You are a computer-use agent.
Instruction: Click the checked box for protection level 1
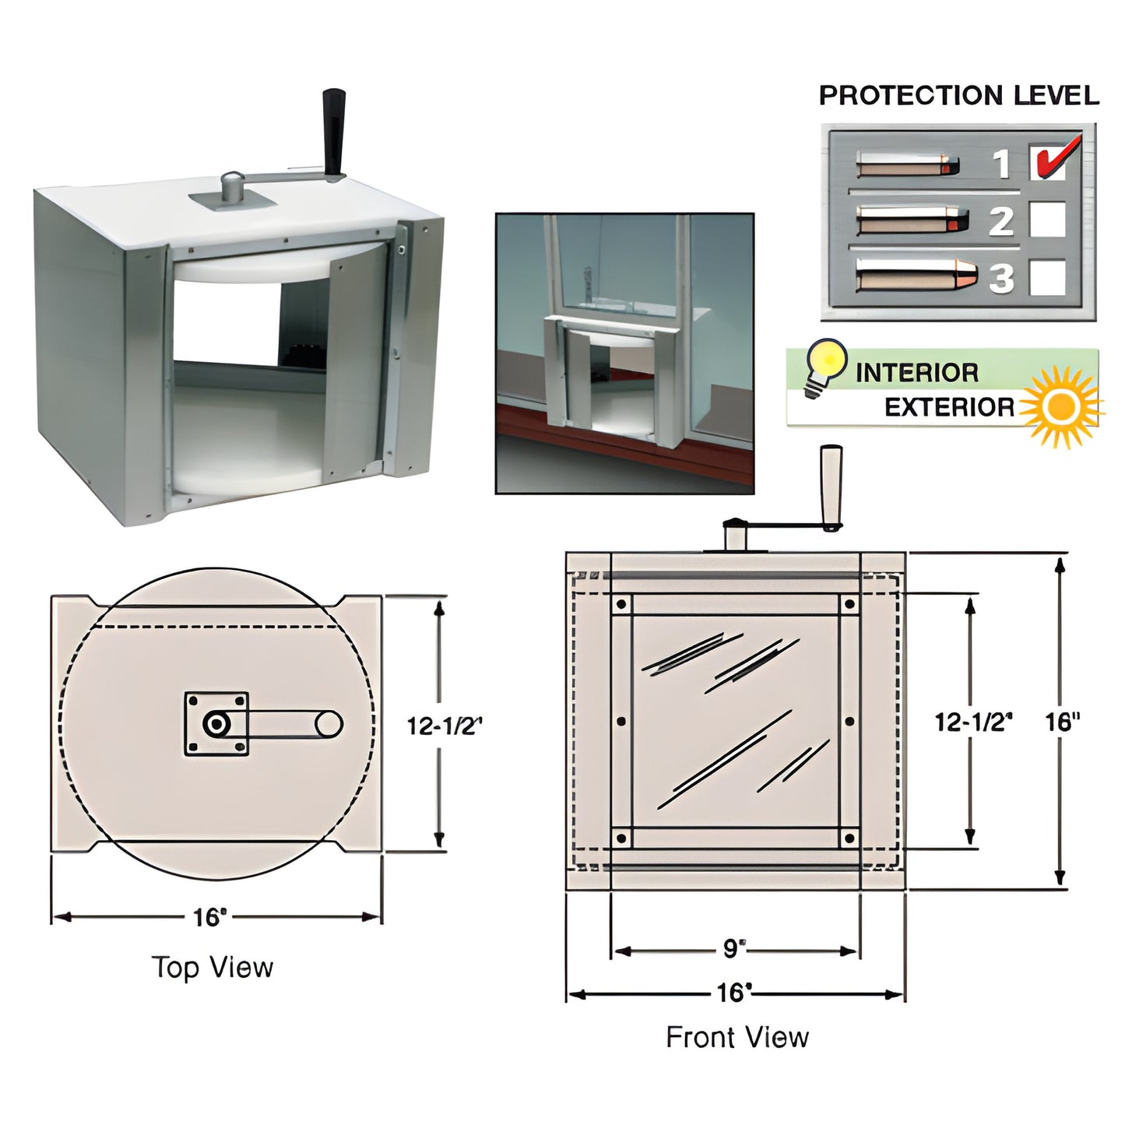[x=1047, y=162]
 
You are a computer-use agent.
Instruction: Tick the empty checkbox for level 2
[x=1047, y=220]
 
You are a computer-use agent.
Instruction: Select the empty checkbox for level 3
[x=1047, y=277]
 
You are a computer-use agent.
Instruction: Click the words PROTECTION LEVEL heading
[x=958, y=96]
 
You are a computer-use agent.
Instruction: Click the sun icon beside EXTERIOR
[x=1062, y=406]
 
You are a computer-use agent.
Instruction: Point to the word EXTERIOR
[x=949, y=407]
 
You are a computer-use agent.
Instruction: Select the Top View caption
[x=213, y=968]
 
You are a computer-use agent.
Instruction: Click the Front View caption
[x=737, y=1037]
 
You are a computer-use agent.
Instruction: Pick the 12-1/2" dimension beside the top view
[x=445, y=726]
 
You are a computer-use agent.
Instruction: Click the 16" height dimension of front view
[x=1063, y=722]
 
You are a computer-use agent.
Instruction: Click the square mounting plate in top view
[x=216, y=724]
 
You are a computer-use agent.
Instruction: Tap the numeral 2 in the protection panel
[x=1000, y=221]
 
